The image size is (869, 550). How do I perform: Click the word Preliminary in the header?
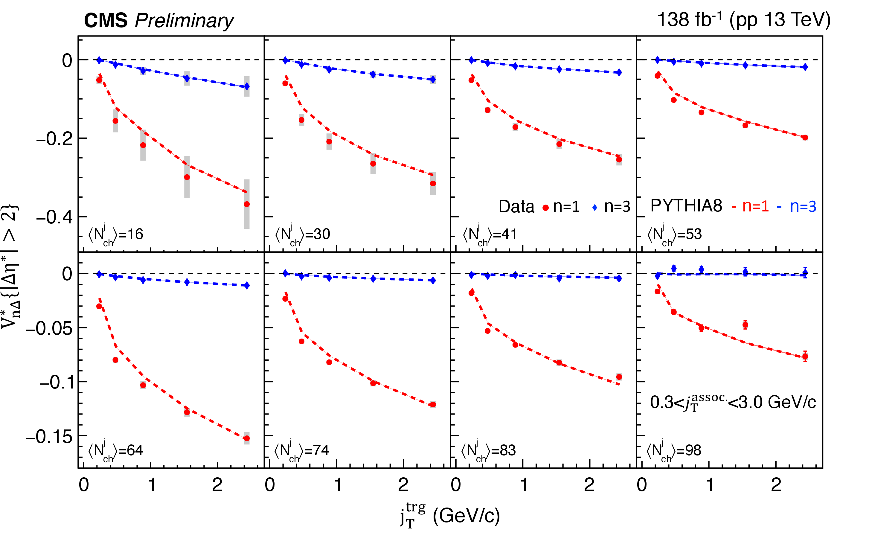(184, 21)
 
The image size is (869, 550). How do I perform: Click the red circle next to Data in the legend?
(546, 208)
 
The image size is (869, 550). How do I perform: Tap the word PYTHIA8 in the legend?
(686, 206)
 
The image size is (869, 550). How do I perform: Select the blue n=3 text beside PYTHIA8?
(803, 206)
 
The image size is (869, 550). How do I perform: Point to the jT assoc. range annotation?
(733, 402)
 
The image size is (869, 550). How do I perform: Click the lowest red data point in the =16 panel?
(247, 204)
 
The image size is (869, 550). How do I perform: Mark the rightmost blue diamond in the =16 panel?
(247, 87)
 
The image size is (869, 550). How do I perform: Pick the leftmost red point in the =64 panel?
(99, 306)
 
